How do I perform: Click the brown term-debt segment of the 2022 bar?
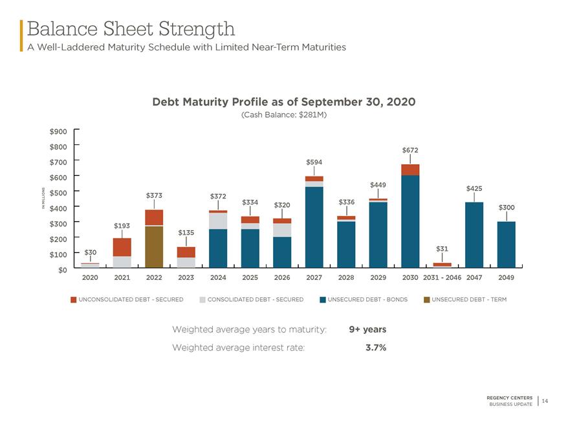pos(154,247)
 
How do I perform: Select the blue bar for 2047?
pos(474,235)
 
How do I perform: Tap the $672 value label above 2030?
pos(410,150)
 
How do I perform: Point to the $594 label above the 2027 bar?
pos(314,162)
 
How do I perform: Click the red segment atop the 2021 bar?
pos(122,247)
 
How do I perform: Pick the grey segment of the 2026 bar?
pos(282,230)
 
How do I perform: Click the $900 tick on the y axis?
pos(58,131)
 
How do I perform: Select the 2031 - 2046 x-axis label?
pos(442,277)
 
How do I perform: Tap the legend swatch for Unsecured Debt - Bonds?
pos(323,300)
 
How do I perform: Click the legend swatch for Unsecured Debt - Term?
pos(427,300)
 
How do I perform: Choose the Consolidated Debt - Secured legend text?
pos(256,300)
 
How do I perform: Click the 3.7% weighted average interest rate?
pos(376,348)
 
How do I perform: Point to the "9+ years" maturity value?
pos(367,330)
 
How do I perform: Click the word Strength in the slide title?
pos(197,29)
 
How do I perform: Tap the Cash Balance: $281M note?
pos(284,114)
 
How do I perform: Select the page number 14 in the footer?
pos(545,401)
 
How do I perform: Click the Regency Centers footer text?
pos(509,398)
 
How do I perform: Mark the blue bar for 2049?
pos(507,244)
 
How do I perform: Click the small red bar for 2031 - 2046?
pos(442,265)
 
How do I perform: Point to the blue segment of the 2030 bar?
pos(410,222)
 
